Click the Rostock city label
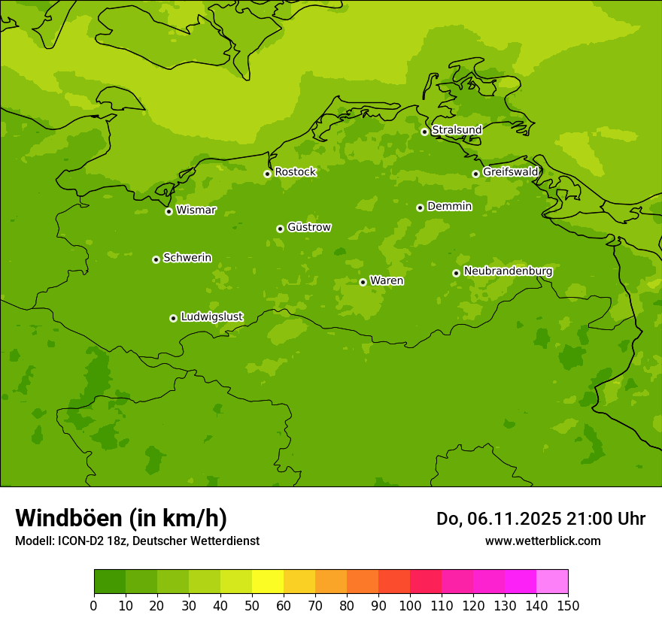tap(295, 172)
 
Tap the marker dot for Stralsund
tap(424, 132)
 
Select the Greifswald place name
tap(510, 172)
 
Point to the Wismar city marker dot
tap(169, 211)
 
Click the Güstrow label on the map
tap(308, 227)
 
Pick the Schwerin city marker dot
tap(156, 259)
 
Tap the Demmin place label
tap(449, 206)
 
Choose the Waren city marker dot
tap(363, 282)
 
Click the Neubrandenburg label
tap(508, 271)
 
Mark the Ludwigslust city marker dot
tap(173, 318)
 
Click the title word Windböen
tap(68, 518)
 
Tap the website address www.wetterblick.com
tap(542, 541)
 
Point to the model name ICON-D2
tap(82, 541)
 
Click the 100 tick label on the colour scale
tap(410, 605)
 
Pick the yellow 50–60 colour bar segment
tap(268, 582)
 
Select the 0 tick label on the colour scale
tap(94, 605)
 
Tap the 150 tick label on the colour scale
tap(568, 605)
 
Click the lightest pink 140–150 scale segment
tap(552, 582)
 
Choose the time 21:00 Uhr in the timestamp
tap(604, 519)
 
